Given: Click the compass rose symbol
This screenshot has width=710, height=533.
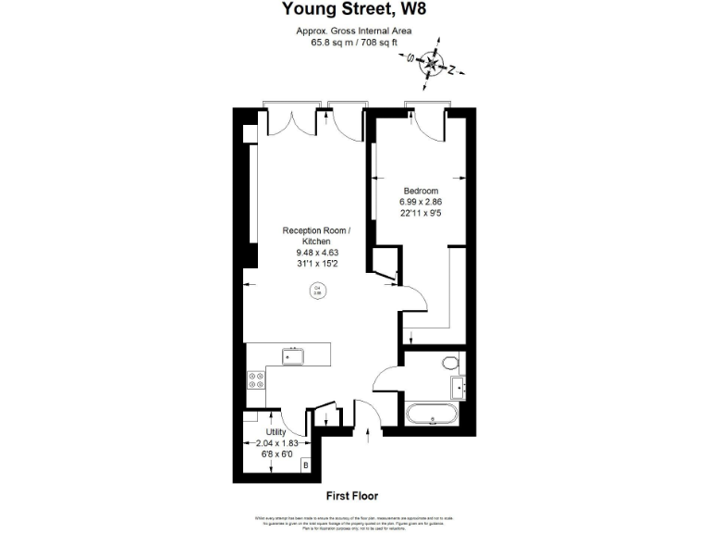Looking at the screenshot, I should [x=430, y=64].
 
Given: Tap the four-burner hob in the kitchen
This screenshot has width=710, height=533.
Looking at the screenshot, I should [x=255, y=384].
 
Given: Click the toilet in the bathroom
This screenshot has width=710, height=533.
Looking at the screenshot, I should [x=451, y=362].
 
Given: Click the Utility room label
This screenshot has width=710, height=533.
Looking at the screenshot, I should [x=275, y=432].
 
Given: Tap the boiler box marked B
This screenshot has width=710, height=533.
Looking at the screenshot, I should [x=305, y=465].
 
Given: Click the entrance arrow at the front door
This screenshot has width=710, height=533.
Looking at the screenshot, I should [x=368, y=430].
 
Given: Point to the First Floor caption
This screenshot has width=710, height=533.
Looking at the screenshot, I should [x=353, y=496].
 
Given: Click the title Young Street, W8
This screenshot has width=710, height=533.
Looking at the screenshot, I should [x=355, y=11].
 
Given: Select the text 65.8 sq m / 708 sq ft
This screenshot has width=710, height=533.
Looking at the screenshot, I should [x=354, y=42].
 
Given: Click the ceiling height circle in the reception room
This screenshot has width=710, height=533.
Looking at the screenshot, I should [x=316, y=291].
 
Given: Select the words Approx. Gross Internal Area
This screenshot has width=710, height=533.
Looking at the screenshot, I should [x=354, y=31].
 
